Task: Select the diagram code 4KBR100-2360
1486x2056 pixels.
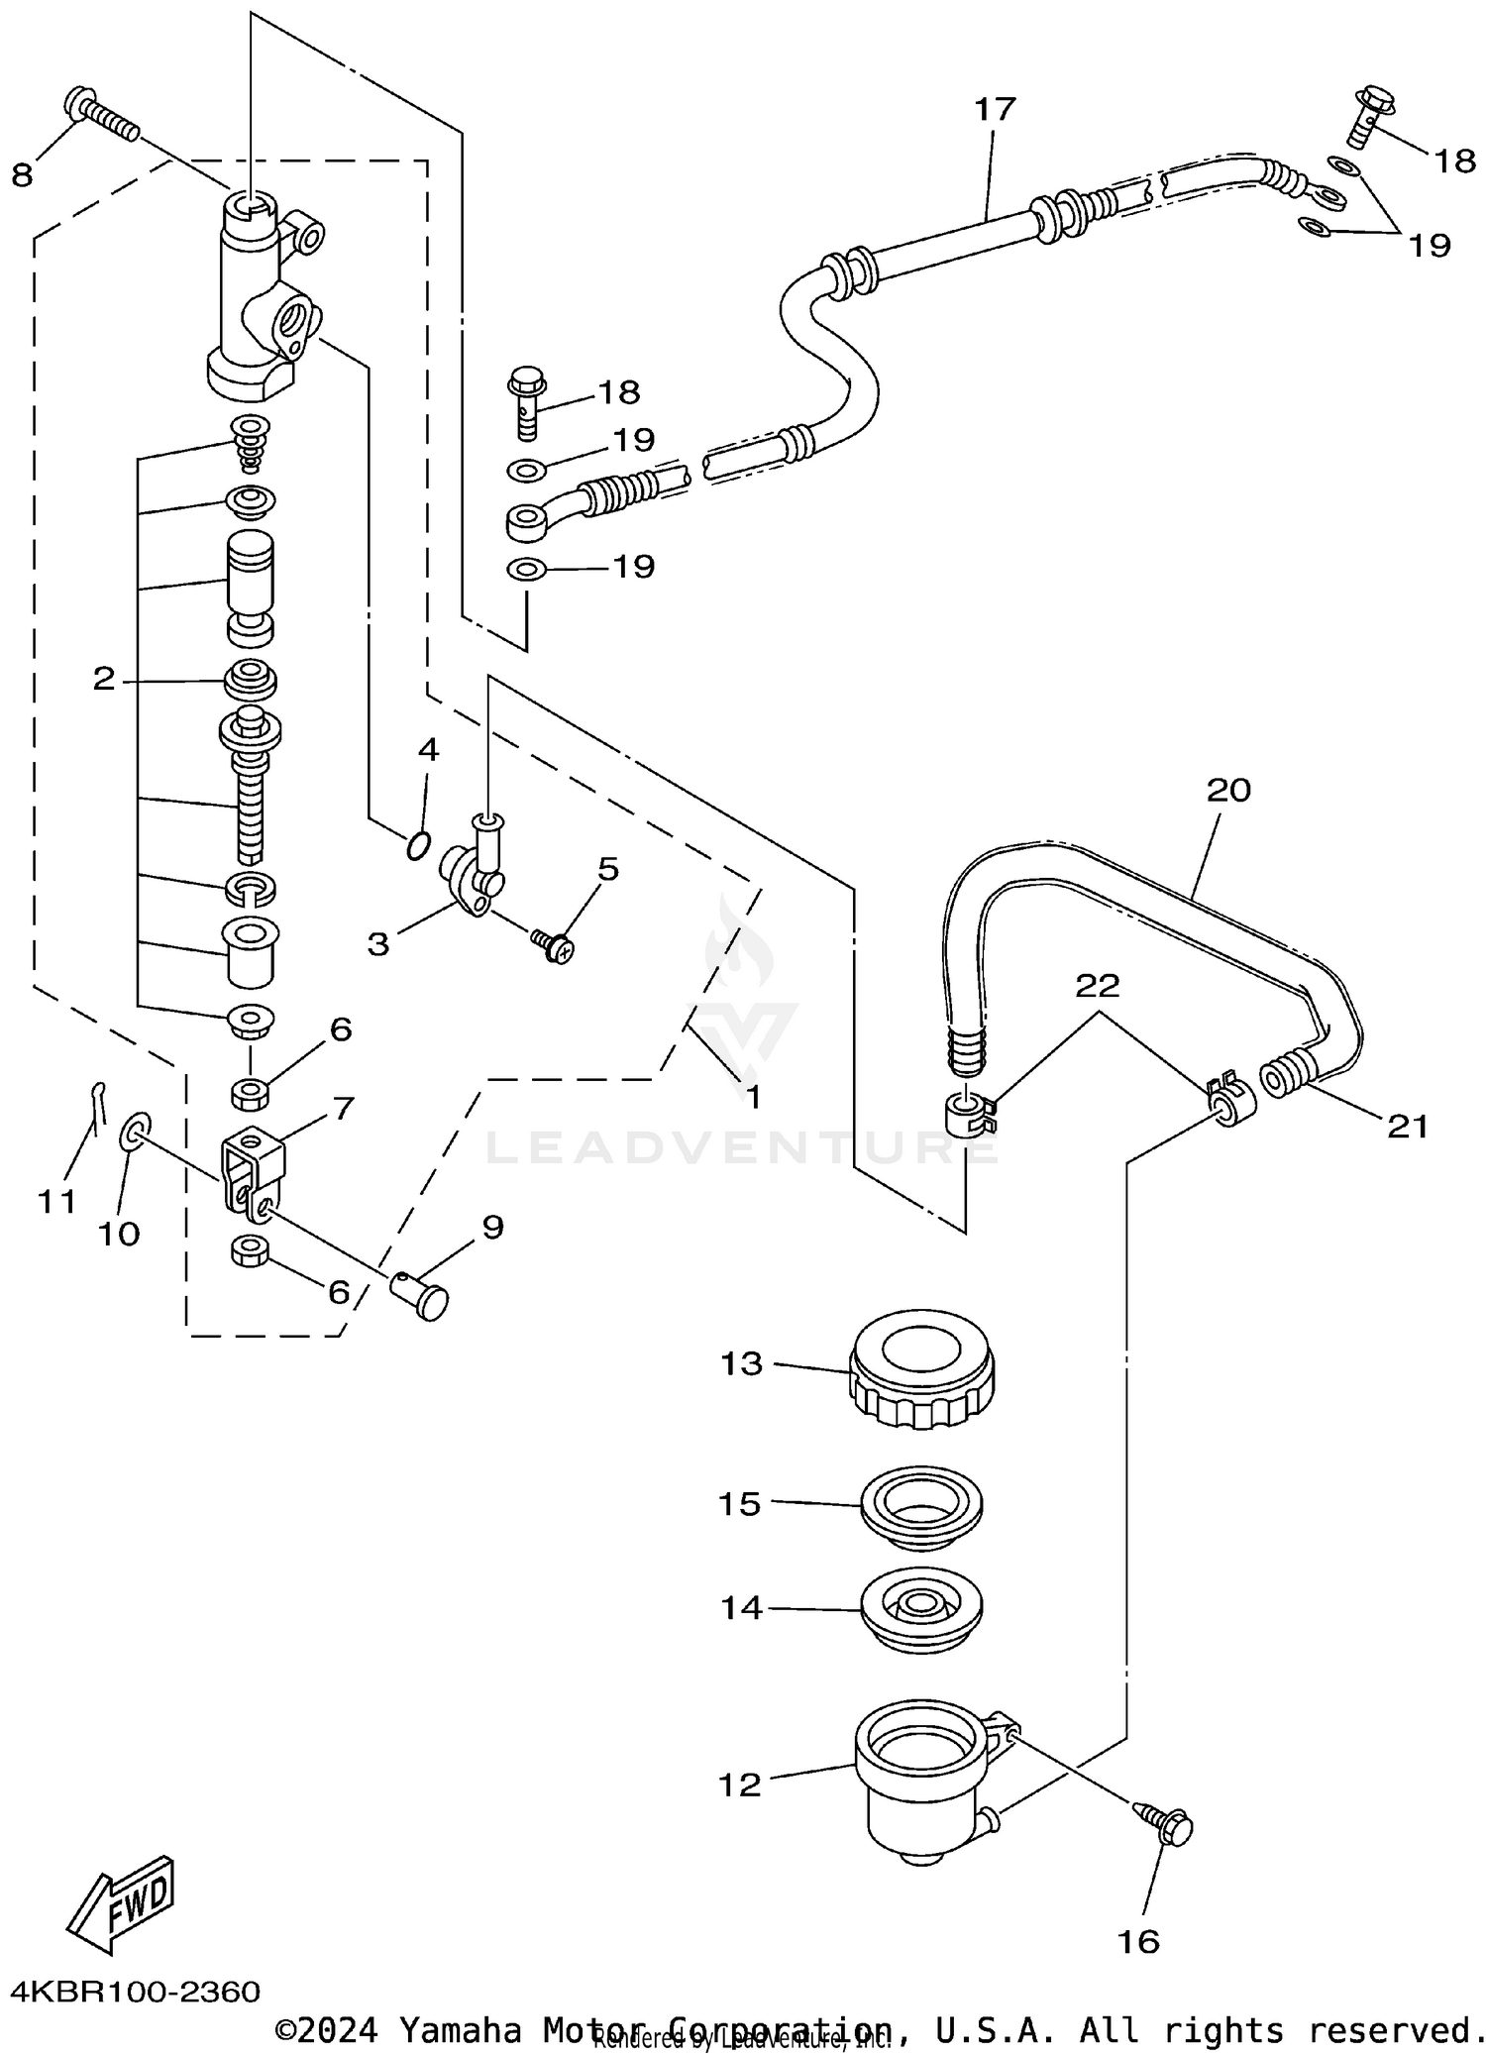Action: (136, 1992)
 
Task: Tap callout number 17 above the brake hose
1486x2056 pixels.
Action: (995, 109)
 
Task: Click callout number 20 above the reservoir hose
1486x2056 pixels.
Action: (1228, 790)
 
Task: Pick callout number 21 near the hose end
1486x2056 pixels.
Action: (1408, 1126)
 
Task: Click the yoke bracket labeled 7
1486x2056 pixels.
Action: (253, 1173)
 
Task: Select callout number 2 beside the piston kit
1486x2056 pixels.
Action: (104, 680)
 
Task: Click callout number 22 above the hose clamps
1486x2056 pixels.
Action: (1097, 985)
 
